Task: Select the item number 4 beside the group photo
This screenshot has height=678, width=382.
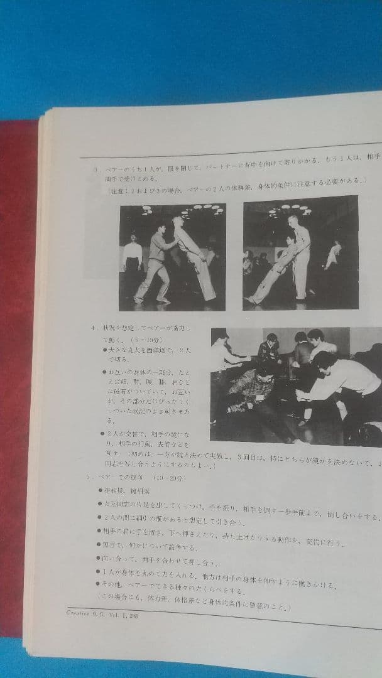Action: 92,327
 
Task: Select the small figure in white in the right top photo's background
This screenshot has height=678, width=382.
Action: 333,254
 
